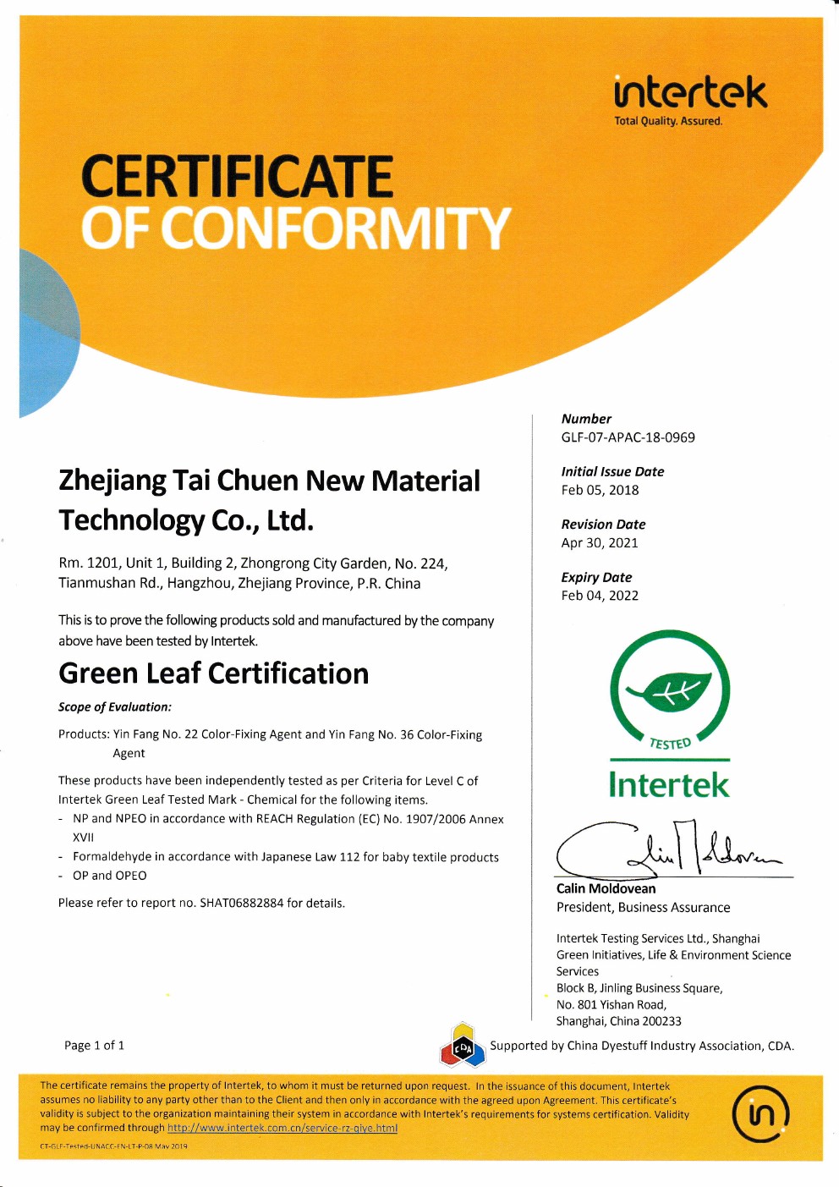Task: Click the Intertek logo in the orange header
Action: (690, 92)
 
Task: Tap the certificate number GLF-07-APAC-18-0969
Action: (628, 437)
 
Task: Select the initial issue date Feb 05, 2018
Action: (600, 490)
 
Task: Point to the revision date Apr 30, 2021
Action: (600, 543)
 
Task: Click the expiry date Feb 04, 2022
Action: (600, 596)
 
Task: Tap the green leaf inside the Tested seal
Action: (669, 691)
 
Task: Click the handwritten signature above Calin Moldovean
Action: (668, 849)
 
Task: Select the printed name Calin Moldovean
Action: (606, 888)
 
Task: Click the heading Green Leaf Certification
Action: (213, 673)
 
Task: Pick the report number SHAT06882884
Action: (241, 904)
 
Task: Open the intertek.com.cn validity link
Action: (282, 1128)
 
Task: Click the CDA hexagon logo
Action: (462, 1046)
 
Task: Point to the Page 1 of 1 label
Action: (94, 1046)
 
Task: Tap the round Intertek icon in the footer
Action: (760, 1113)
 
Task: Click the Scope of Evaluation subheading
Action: (114, 707)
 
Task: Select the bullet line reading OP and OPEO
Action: (109, 876)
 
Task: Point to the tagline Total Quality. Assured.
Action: (668, 121)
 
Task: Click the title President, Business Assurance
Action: (643, 908)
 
